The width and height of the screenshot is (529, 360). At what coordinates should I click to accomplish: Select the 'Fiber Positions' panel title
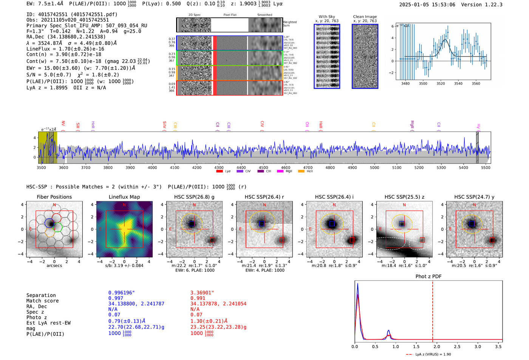54,197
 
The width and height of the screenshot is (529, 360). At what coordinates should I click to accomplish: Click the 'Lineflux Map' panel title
124,197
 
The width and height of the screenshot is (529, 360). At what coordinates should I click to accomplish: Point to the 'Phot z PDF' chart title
428,277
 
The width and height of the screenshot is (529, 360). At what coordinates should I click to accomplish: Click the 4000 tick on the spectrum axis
152,168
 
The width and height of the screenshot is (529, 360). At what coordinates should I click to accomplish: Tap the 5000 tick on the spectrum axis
374,168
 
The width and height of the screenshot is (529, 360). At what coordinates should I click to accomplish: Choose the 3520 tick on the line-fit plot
441,83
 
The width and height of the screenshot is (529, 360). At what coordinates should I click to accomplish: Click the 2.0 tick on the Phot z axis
437,346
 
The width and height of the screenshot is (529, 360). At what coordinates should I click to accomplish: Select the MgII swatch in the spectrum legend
280,172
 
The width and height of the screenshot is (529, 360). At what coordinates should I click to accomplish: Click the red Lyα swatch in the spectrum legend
220,172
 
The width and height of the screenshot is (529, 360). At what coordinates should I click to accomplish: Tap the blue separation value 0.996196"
121,293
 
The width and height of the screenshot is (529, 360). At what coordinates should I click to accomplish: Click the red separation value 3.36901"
202,293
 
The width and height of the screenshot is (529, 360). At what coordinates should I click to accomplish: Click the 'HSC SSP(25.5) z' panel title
404,197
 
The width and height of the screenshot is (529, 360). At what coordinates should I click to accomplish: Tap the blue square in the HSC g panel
192,224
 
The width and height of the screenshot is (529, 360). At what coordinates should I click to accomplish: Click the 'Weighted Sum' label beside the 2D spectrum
290,24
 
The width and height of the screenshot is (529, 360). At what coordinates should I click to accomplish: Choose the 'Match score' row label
42,301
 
